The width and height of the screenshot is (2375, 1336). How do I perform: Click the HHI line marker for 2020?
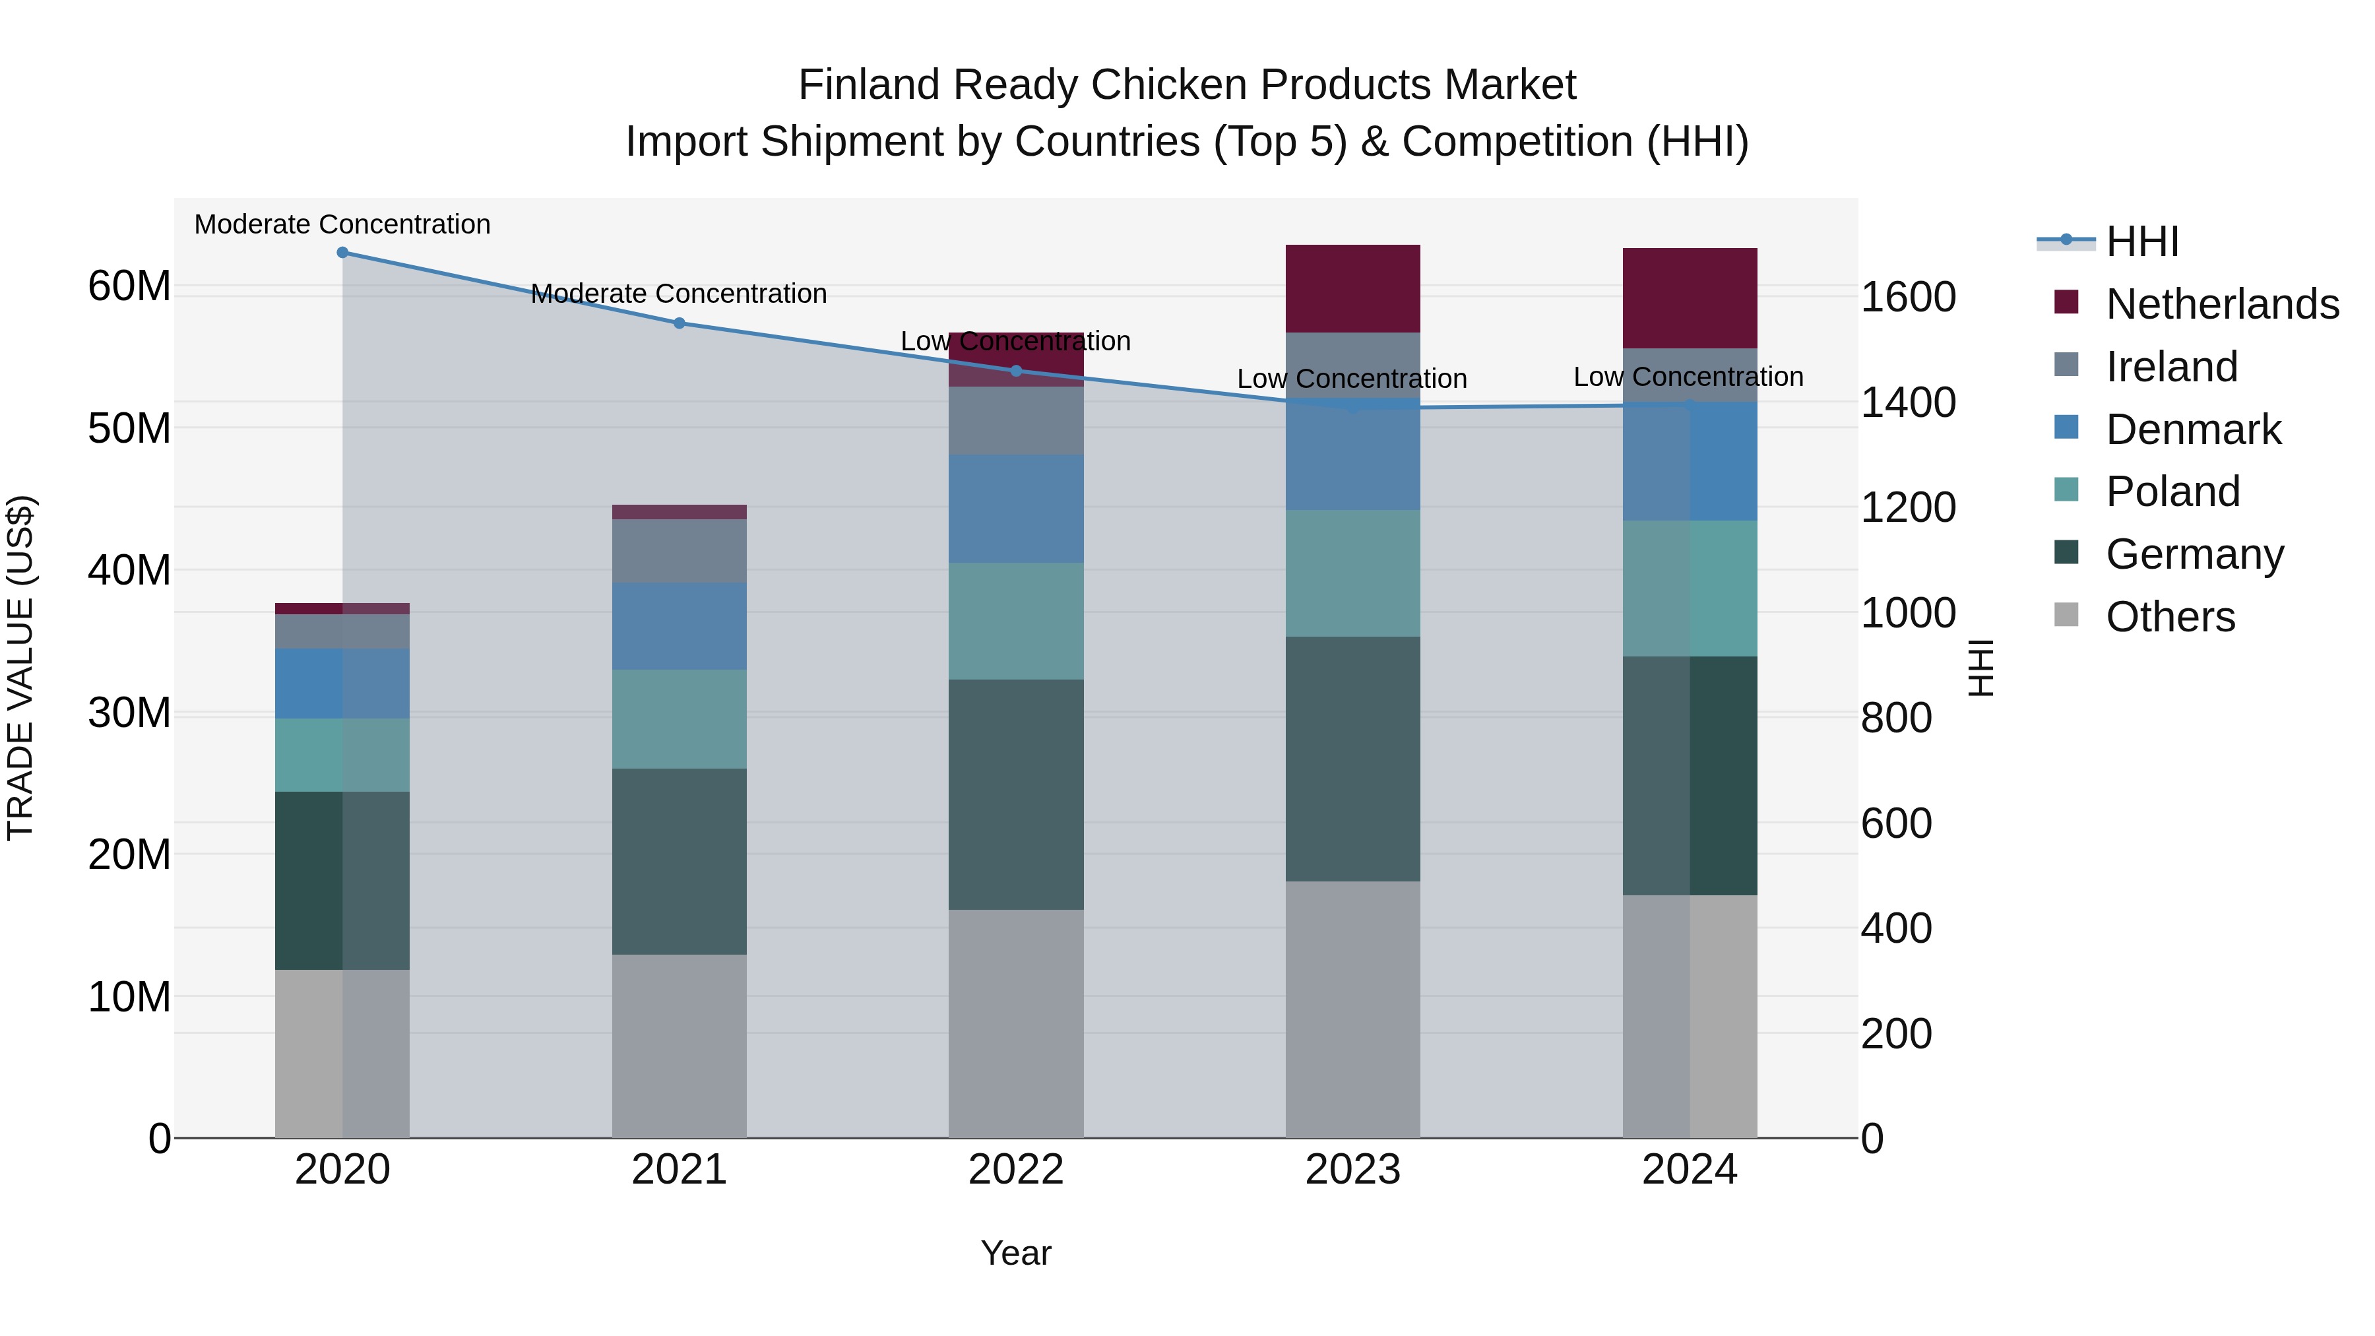(342, 252)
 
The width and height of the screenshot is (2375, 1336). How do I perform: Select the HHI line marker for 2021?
(679, 323)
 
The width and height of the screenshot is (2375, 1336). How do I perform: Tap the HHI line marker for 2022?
(1016, 371)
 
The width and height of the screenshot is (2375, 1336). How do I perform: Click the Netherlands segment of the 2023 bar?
(1352, 288)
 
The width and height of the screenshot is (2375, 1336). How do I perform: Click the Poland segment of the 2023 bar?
(1352, 573)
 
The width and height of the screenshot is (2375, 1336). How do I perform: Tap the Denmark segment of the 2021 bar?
(679, 625)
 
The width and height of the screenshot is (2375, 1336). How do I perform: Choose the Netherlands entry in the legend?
(2222, 303)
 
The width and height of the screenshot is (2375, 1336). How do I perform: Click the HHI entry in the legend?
(2141, 241)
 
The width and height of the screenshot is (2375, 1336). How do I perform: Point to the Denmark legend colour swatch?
(2066, 428)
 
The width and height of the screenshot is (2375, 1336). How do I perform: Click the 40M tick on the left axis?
(129, 570)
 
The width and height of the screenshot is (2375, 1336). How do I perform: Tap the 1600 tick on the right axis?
(1907, 297)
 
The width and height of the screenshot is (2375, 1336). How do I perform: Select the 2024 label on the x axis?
(1689, 1170)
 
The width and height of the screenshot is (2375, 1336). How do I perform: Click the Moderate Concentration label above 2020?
(342, 224)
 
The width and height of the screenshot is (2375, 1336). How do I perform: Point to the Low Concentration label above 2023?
(1352, 378)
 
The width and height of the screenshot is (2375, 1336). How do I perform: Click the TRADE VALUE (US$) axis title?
(20, 668)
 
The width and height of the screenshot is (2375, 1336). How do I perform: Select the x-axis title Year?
(1015, 1253)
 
